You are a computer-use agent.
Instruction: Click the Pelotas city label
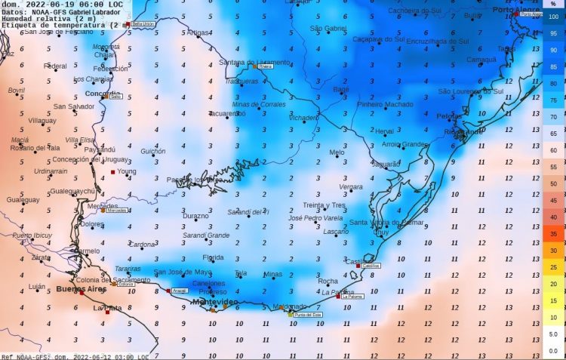tap(450, 116)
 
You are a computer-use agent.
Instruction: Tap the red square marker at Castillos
tap(358, 266)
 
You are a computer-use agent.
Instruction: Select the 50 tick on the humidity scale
tap(552, 183)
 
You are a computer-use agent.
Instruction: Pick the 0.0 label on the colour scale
tap(552, 351)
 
